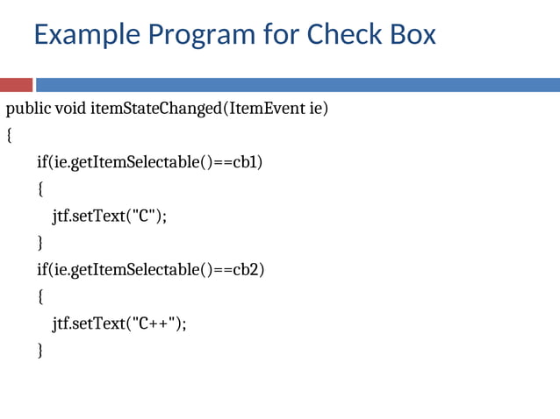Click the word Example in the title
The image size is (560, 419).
pos(85,35)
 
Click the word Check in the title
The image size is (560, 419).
pos(343,35)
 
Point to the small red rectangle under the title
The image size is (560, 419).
pos(16,85)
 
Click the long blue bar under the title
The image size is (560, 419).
pos(298,85)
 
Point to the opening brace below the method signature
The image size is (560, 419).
pos(10,137)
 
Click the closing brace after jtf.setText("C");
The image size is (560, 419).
pos(39,243)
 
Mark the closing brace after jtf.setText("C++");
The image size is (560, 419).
pos(39,351)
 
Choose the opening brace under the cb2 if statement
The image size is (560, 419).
pos(39,297)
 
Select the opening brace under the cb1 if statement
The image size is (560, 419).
pos(39,190)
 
